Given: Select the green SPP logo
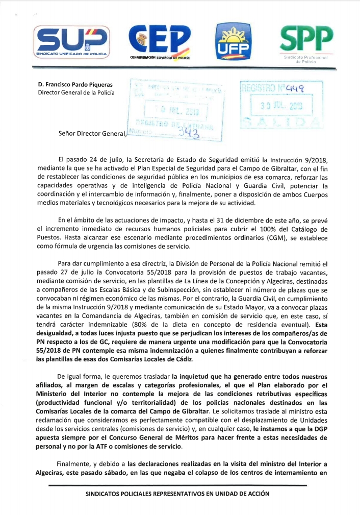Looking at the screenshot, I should [308, 38].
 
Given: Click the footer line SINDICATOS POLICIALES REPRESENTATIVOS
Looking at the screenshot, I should [176, 494].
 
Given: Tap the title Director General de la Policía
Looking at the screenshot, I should [76, 92].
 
